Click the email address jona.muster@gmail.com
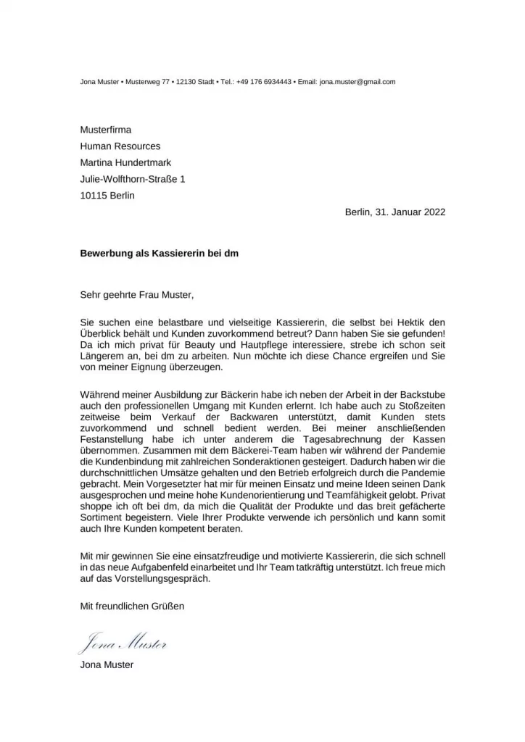pyautogui.click(x=357, y=82)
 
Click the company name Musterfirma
pyautogui.click(x=106, y=130)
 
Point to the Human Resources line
pyautogui.click(x=120, y=146)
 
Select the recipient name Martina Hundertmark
pyautogui.click(x=125, y=162)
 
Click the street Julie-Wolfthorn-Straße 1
pyautogui.click(x=133, y=179)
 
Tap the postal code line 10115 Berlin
pyautogui.click(x=107, y=195)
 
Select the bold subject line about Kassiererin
pyautogui.click(x=159, y=254)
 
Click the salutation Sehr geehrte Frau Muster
pyautogui.click(x=138, y=295)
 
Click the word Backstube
pyautogui.click(x=421, y=391)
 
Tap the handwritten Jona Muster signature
pyautogui.click(x=123, y=641)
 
